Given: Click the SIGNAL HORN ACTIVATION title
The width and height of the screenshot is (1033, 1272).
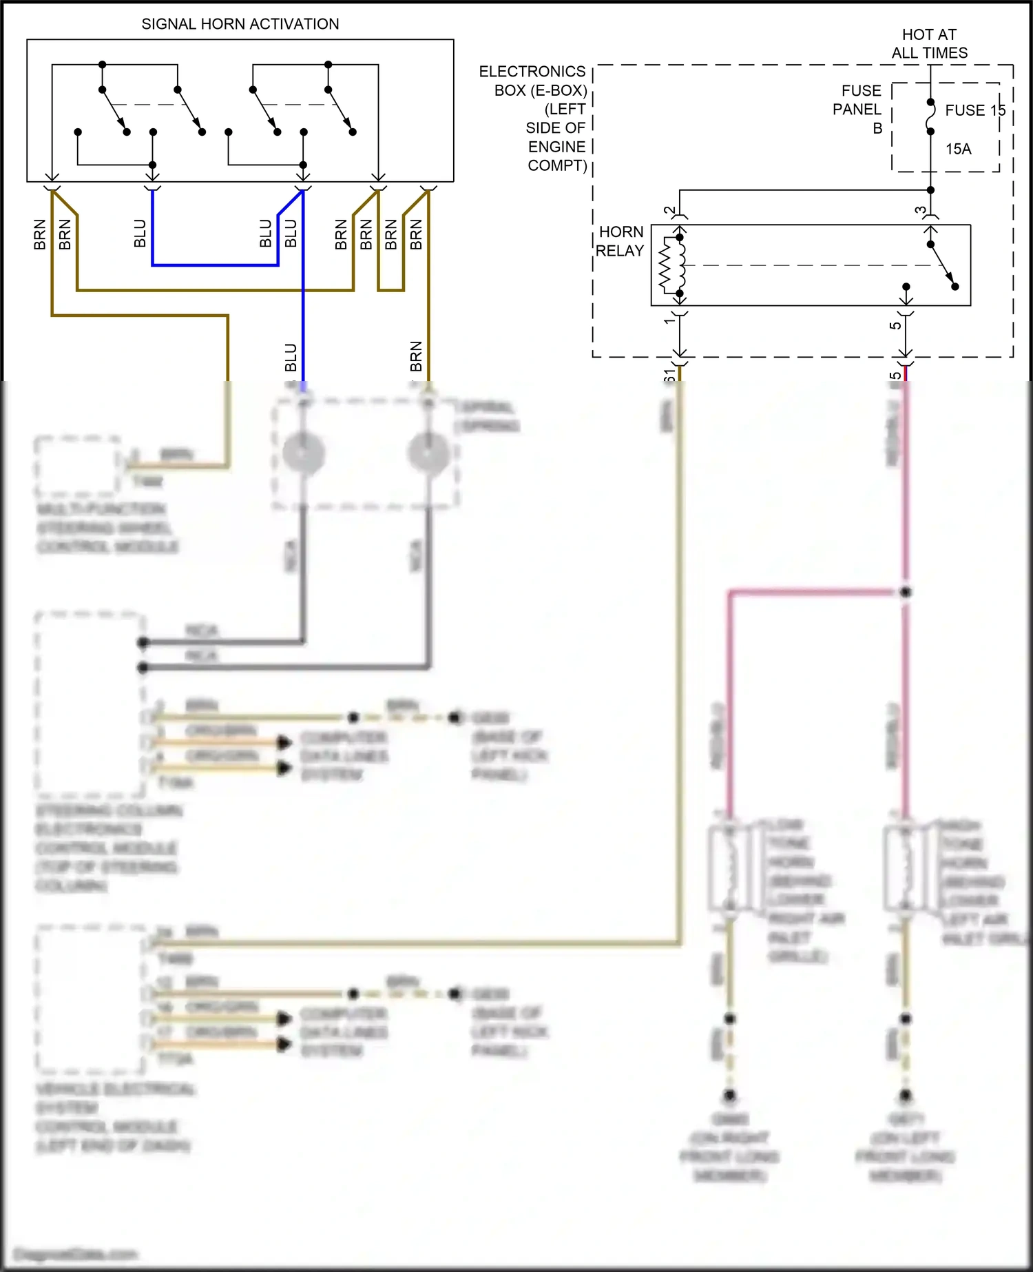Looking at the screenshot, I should pos(240,24).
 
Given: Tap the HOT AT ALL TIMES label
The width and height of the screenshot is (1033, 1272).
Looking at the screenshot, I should pos(929,43).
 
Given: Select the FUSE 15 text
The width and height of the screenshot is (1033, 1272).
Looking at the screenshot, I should pos(974,110).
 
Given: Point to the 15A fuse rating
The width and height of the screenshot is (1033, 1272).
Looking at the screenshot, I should pos(958,149).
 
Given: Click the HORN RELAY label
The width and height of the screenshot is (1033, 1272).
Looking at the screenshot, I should pos(620,241).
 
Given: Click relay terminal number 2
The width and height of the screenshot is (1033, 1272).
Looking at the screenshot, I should pos(669,211).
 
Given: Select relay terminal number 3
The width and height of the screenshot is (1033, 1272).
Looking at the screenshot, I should pos(920,211).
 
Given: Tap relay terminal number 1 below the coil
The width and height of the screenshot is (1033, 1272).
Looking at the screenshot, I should pos(669,320).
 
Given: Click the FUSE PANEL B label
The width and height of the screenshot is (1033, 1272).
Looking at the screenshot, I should pos(859,109).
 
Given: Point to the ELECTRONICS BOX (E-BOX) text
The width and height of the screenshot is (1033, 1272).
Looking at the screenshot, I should pos(532,81).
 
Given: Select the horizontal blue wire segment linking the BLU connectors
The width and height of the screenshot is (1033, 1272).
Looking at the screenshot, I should pos(215,265).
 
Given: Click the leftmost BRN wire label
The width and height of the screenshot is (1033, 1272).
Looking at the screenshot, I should pos(39,234).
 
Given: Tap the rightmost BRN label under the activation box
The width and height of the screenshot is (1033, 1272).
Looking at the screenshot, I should pos(415,234).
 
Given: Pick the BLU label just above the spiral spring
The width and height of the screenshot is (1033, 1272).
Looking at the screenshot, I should pos(291,357).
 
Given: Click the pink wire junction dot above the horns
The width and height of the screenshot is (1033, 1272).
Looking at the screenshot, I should pos(906,592).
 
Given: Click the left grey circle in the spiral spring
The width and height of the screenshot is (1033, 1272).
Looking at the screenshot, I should pos(303,453).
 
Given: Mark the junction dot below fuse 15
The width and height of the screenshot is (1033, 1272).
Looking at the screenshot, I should pos(930,190).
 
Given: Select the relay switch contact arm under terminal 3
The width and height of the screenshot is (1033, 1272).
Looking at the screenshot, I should pos(942,265).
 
